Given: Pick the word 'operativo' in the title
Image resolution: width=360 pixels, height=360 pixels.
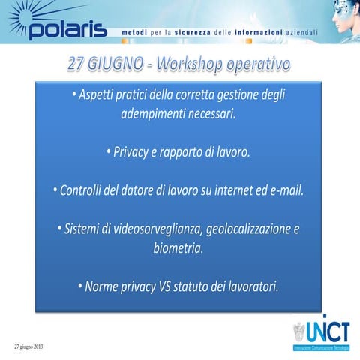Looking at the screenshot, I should (260, 65).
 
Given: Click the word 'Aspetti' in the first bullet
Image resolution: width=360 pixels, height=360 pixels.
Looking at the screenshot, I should (97, 96).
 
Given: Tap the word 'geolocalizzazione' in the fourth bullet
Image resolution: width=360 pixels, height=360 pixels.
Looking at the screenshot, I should (240, 228).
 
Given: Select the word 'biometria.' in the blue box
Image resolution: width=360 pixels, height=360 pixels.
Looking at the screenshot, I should (178, 247).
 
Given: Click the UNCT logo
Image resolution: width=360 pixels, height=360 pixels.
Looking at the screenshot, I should (320, 333).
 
